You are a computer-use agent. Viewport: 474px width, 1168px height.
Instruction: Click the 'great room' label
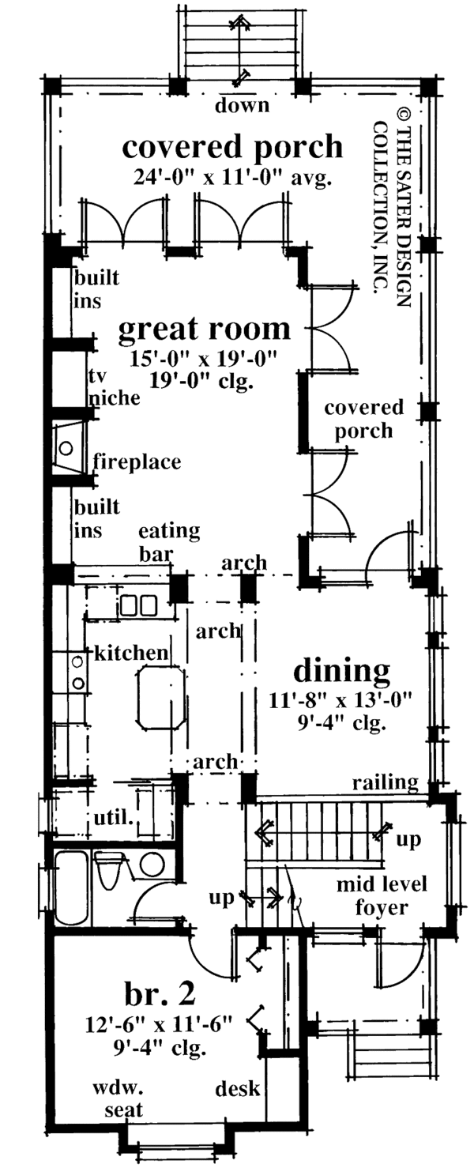click(205, 329)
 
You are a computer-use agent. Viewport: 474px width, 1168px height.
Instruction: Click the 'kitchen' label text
click(131, 653)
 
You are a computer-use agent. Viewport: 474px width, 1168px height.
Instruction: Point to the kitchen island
click(160, 697)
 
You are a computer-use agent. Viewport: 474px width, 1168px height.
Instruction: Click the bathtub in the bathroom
click(73, 887)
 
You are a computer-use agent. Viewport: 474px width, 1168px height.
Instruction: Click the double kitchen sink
click(139, 606)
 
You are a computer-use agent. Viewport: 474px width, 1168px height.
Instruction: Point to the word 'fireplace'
click(137, 461)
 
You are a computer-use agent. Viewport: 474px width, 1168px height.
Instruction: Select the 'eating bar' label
click(168, 541)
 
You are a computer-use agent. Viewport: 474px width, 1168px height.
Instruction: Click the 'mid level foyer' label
click(381, 895)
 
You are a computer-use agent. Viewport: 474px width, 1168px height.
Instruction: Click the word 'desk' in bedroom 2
click(239, 1089)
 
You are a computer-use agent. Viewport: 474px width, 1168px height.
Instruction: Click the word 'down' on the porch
click(243, 105)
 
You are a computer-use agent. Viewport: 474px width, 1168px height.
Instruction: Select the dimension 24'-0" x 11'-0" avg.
click(235, 176)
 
